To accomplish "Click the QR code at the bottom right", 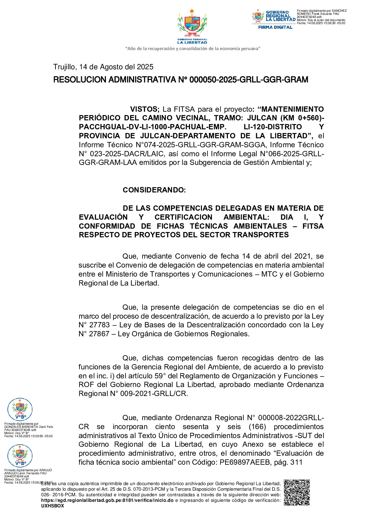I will tap(297, 492).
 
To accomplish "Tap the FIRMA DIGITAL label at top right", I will tap(275, 27).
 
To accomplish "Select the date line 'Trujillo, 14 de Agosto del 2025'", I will tap(103, 67).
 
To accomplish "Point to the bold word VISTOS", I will tap(144, 109).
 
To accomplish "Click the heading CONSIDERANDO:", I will tap(154, 190).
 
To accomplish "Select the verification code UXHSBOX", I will tap(53, 506).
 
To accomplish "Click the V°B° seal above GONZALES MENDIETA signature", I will tap(20, 409).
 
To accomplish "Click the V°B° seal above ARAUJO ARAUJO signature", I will tap(20, 456).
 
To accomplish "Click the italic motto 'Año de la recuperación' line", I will tap(192, 49).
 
